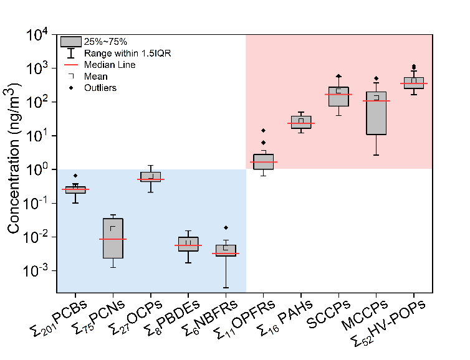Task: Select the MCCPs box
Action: pos(376,113)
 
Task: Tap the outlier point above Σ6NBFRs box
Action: pos(226,228)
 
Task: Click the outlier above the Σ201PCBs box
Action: pos(75,176)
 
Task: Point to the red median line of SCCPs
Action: pos(338,95)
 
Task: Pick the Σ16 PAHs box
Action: pos(301,122)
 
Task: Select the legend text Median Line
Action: pos(110,65)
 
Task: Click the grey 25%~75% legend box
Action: pos(72,42)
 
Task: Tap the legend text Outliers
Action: pos(100,88)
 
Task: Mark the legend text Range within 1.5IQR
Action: pos(127,54)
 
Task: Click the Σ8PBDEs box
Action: pos(188,244)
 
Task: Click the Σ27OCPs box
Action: pos(150,176)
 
